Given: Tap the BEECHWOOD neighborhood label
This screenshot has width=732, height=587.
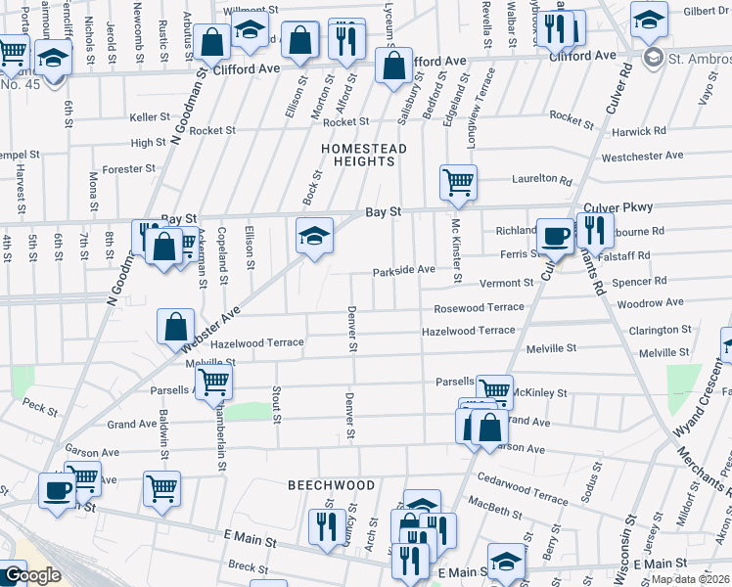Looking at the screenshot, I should tap(331, 485).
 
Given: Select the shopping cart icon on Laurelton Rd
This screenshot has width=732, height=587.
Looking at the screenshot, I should tap(458, 182).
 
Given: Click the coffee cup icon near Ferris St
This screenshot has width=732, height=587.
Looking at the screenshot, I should tap(555, 235).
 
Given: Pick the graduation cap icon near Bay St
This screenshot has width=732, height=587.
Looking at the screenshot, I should tap(313, 236).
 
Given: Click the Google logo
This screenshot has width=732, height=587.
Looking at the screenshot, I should tap(31, 575).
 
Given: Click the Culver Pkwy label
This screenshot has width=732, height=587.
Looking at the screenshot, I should tap(618, 207).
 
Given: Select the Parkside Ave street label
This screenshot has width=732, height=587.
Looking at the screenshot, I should tap(403, 270).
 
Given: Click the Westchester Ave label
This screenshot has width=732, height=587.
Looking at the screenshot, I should tap(642, 156).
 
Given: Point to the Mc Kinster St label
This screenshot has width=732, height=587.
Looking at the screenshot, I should tap(455, 250).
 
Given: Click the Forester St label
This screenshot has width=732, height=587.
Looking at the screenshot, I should tap(129, 168).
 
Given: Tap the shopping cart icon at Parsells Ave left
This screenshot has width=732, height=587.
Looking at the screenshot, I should tap(213, 383).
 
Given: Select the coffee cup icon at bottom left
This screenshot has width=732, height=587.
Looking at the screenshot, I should tap(57, 489).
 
